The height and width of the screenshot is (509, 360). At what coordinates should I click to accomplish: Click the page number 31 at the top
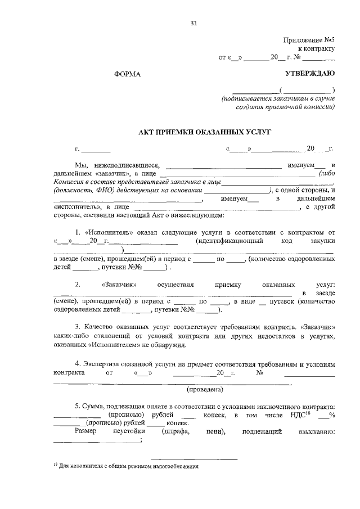click(x=194, y=23)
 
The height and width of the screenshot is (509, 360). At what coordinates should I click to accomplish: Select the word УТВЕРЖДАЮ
click(x=310, y=74)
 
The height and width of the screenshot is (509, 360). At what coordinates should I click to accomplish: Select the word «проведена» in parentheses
click(x=205, y=389)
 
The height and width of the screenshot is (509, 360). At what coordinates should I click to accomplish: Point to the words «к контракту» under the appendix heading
click(x=316, y=49)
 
